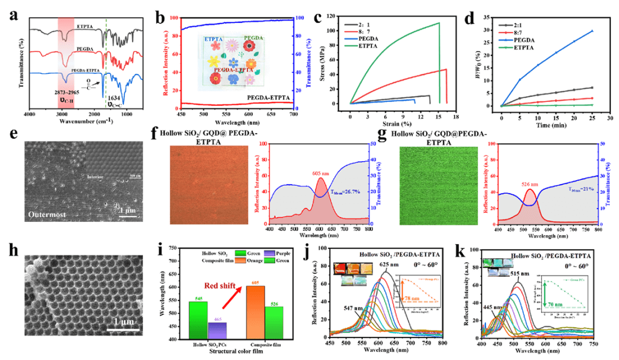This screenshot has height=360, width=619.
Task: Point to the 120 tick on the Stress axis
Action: [339, 14]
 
